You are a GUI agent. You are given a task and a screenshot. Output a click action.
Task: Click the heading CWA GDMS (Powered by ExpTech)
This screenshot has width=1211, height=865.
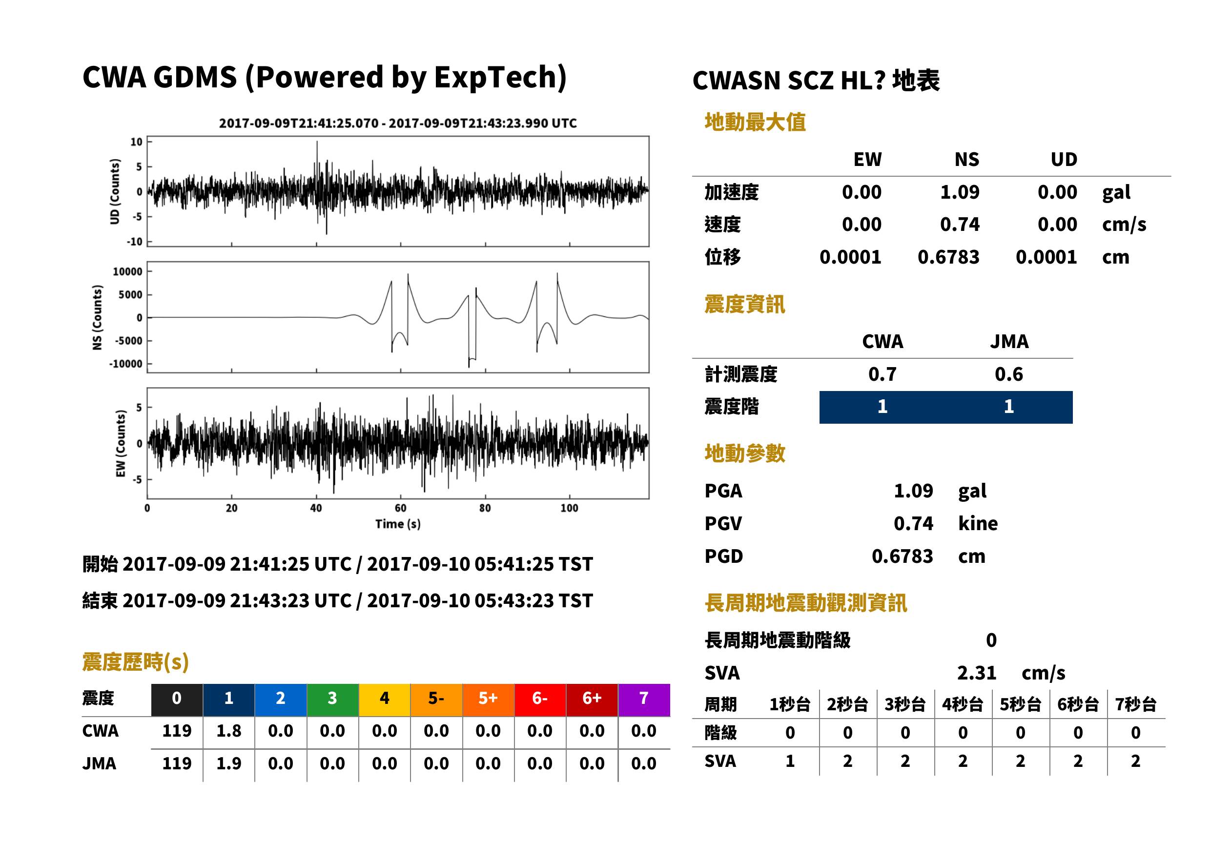324,78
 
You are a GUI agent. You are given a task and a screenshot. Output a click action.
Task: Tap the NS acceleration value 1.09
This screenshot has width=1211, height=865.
959,192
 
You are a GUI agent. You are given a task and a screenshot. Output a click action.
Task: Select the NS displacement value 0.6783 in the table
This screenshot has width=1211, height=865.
948,257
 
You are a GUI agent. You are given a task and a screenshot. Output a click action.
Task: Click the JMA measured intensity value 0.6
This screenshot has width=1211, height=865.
1008,374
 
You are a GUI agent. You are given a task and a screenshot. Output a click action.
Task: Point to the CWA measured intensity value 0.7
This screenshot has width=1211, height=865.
883,374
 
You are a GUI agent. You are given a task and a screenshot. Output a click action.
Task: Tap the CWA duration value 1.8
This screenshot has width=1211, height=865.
228,731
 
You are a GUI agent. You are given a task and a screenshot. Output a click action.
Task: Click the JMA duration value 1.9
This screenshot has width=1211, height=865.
228,764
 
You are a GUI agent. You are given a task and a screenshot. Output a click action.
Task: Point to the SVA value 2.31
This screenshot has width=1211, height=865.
976,673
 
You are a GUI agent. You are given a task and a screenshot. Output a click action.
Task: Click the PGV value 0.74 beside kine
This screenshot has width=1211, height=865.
913,524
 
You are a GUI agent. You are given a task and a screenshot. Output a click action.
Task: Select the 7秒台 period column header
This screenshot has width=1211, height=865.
1135,705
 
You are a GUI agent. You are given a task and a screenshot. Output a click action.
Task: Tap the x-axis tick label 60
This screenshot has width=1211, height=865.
400,508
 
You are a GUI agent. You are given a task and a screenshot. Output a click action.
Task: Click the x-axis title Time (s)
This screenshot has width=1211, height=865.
398,524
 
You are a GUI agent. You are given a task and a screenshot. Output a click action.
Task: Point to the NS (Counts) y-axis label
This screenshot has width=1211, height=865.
98,317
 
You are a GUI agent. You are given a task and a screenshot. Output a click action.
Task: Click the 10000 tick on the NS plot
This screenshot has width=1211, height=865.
127,271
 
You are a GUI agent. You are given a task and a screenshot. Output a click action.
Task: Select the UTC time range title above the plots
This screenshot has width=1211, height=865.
398,124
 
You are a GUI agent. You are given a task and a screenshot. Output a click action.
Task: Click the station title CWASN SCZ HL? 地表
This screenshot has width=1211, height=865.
816,81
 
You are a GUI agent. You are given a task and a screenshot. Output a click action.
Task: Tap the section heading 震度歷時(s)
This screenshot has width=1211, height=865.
136,662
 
